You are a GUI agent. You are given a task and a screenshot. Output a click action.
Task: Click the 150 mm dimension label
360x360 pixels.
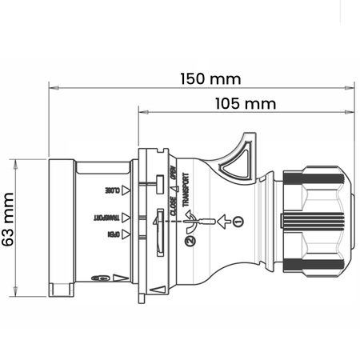coord(210,78)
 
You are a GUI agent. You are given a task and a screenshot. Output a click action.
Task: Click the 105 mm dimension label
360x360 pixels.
coord(245,104)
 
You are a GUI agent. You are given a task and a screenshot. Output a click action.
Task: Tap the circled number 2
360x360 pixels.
coord(190,240)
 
